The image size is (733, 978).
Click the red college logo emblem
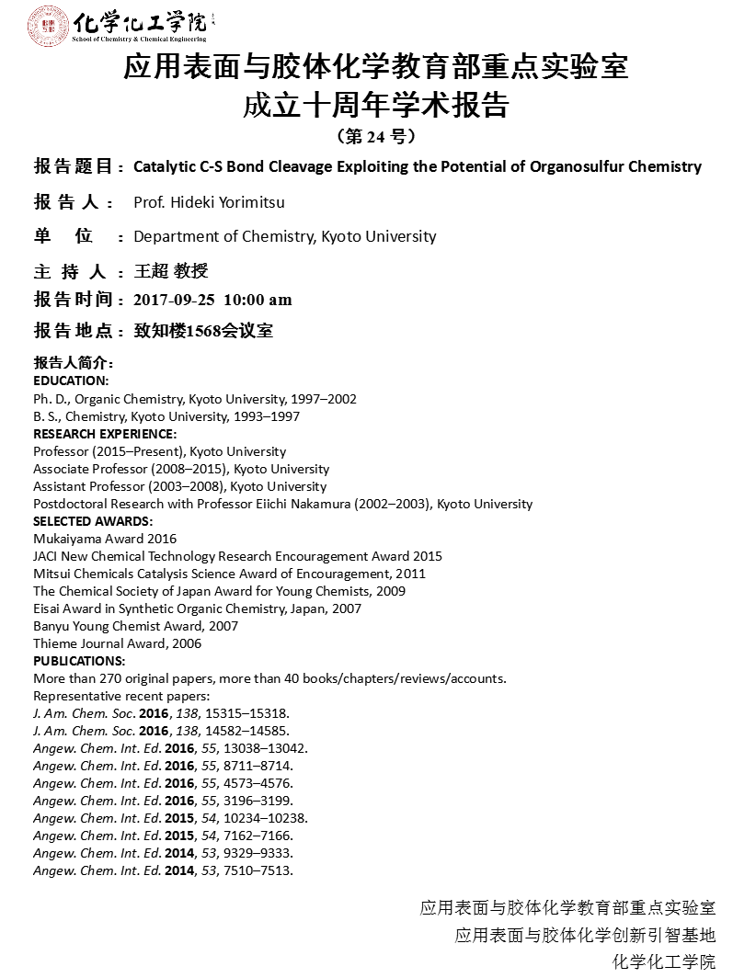pyautogui.click(x=47, y=26)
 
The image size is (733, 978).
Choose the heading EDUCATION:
pyautogui.click(x=71, y=381)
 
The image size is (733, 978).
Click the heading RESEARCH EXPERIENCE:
pyautogui.click(x=105, y=434)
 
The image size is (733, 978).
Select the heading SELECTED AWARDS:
pyautogui.click(x=93, y=521)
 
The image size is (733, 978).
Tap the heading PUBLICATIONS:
pyautogui.click(x=79, y=661)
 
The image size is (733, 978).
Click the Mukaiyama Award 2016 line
pyautogui.click(x=105, y=539)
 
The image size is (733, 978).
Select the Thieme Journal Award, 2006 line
pyautogui.click(x=117, y=643)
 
